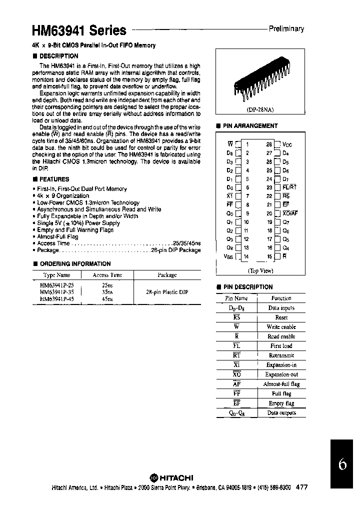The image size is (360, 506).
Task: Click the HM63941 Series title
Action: [79, 30]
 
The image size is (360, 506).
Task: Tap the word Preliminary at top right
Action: [286, 29]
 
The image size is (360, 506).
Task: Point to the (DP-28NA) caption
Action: [259, 108]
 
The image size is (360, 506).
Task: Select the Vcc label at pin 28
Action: [287, 144]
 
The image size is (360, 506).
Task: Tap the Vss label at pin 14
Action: [228, 257]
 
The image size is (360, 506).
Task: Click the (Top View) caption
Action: [260, 270]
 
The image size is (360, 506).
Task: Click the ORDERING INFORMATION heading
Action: [71, 263]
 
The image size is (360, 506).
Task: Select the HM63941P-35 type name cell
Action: [56, 291]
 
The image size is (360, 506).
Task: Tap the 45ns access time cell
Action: [107, 299]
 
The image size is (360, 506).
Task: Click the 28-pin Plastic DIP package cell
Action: [167, 291]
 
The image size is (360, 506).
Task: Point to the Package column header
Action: [167, 275]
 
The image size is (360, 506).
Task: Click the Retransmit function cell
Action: [281, 355]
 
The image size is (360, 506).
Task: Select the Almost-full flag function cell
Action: [281, 384]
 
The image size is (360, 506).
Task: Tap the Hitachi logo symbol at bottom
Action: [154, 477]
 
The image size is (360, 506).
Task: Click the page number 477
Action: [302, 487]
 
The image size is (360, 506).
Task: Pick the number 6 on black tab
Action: [342, 464]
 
